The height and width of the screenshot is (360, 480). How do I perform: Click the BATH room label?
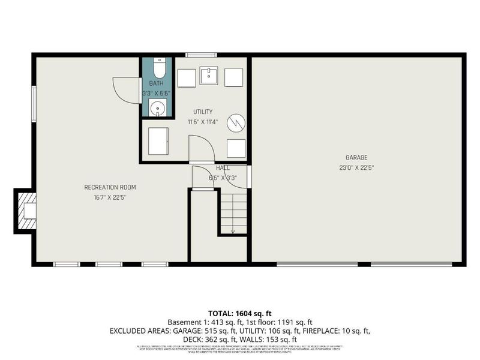[156, 83]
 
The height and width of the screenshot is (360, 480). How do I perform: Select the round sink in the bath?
[157, 109]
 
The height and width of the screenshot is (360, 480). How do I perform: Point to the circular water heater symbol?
[238, 122]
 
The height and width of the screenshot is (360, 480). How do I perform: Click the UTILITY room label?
[202, 112]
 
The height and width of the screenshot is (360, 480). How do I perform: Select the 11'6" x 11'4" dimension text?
[202, 122]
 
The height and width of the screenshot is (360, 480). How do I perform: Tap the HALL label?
[223, 169]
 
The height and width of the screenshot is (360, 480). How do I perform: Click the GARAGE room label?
[356, 158]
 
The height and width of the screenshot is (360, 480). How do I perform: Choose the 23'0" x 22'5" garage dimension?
[356, 168]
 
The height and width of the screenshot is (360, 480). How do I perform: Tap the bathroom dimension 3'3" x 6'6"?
[156, 94]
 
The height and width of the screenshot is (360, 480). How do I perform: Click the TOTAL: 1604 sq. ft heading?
[240, 313]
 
